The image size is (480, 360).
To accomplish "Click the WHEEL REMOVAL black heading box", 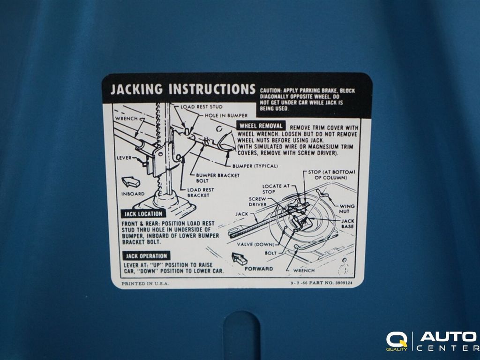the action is [261, 126].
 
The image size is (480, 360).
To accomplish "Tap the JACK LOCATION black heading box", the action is [143, 214].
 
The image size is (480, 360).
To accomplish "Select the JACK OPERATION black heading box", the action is [146, 256].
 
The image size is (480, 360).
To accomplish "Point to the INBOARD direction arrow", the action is [131, 182].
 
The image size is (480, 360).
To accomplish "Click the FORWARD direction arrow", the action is [240, 259].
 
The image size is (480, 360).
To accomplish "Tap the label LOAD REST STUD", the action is [202, 107].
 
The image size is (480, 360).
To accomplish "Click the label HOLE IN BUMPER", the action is [226, 115].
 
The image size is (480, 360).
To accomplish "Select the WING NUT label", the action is [346, 209].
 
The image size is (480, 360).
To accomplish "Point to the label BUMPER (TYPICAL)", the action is [255, 166].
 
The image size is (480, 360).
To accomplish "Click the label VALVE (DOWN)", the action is [255, 244].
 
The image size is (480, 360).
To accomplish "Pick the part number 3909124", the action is [344, 283].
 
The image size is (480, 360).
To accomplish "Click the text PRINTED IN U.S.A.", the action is [145, 284].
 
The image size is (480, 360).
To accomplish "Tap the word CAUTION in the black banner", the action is [270, 90].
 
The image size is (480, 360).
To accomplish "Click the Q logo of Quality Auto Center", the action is [397, 340].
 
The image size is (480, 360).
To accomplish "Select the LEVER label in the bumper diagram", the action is [124, 158].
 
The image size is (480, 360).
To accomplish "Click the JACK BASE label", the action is [348, 224].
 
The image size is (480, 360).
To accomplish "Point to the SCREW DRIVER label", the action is [257, 202].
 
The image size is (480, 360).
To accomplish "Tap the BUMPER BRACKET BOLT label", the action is [217, 178].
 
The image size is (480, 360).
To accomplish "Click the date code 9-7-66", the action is [299, 283].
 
